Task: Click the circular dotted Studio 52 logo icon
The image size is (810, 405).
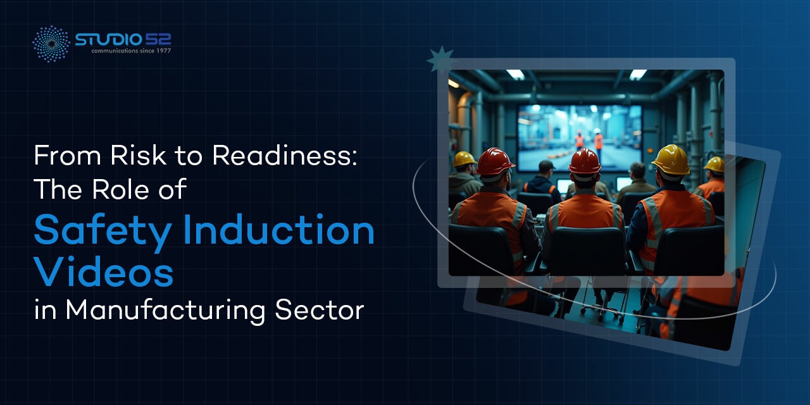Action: tap(51, 44)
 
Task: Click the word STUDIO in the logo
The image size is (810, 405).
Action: tap(108, 39)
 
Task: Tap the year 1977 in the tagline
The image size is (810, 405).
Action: tap(163, 51)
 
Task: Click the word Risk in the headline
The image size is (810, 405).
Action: tap(138, 155)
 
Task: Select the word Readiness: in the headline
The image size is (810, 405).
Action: tap(285, 155)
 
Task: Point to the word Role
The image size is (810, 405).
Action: tap(120, 189)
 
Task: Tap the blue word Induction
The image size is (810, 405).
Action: tap(279, 230)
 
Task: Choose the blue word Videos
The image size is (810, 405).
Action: tap(104, 271)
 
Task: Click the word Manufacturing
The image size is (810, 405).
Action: tap(166, 311)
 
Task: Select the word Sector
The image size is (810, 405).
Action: tap(320, 310)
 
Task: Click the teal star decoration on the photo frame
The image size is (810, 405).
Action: tap(440, 59)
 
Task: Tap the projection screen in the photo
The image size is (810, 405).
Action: tap(580, 138)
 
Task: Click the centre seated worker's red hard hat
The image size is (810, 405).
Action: tap(584, 161)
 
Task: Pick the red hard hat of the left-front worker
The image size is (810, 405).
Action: tap(494, 161)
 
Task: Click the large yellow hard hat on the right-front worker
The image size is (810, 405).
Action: tap(672, 160)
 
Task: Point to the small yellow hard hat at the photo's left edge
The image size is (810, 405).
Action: tap(464, 159)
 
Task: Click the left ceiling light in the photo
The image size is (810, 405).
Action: tap(516, 75)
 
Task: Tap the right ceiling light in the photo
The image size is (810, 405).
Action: tap(638, 74)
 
